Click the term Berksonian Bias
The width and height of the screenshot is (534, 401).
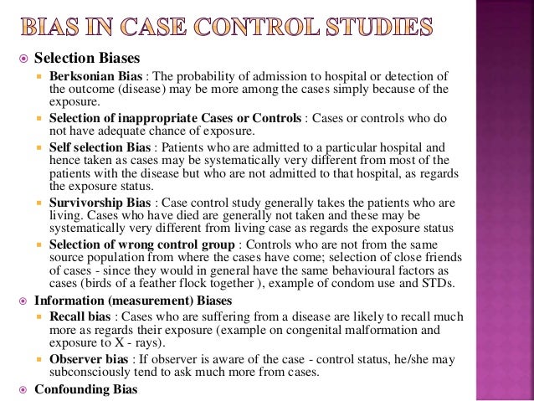pyautogui.click(x=93, y=76)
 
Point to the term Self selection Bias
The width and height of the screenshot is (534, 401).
pyautogui.click(x=95, y=147)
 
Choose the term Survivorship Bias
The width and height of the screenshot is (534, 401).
pyautogui.click(x=95, y=203)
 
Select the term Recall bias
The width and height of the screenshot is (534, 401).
pyautogui.click(x=76, y=316)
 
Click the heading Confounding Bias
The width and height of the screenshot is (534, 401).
pyautogui.click(x=81, y=389)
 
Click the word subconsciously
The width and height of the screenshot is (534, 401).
pyautogui.click(x=88, y=373)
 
